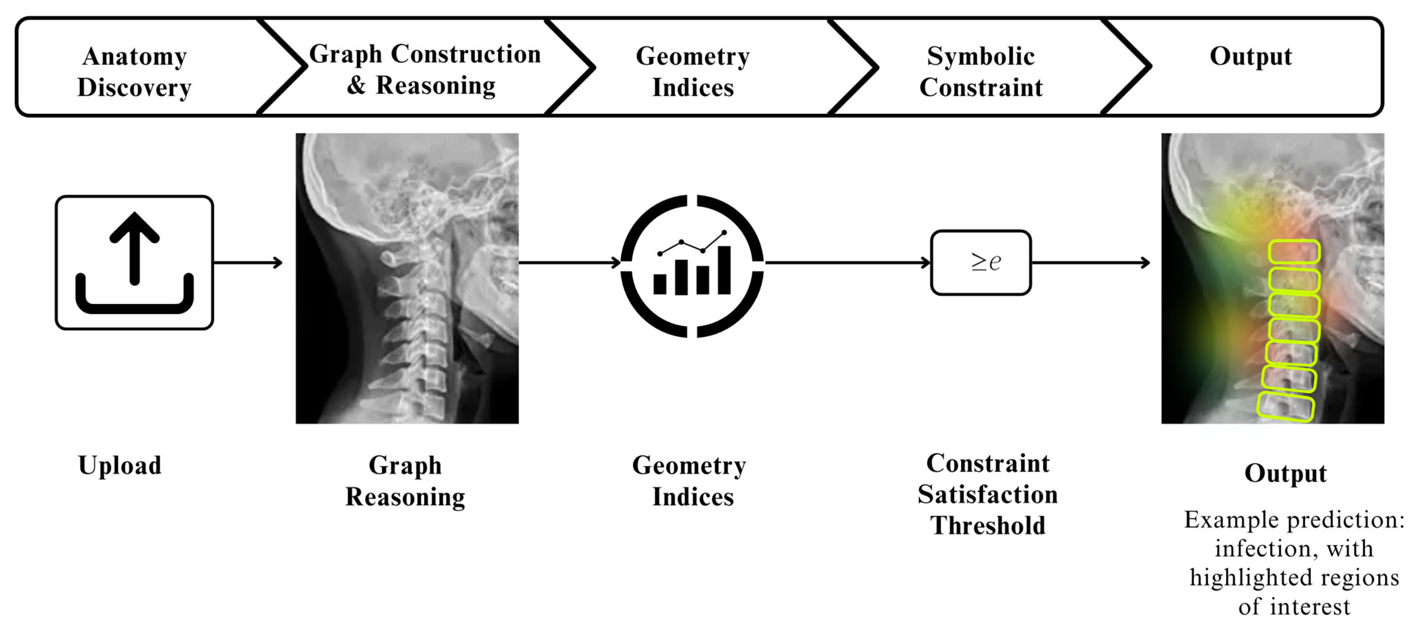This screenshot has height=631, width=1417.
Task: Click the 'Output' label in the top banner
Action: click(x=1250, y=56)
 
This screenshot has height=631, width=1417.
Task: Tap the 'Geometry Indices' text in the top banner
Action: click(x=692, y=72)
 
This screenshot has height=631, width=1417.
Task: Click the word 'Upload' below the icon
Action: click(x=120, y=465)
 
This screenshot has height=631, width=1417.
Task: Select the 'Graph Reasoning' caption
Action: click(x=405, y=481)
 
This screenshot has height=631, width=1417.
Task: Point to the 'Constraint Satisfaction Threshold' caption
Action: click(x=987, y=494)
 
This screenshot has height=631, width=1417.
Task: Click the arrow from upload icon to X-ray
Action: click(x=248, y=263)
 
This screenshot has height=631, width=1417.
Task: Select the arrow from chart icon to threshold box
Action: click(x=847, y=263)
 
